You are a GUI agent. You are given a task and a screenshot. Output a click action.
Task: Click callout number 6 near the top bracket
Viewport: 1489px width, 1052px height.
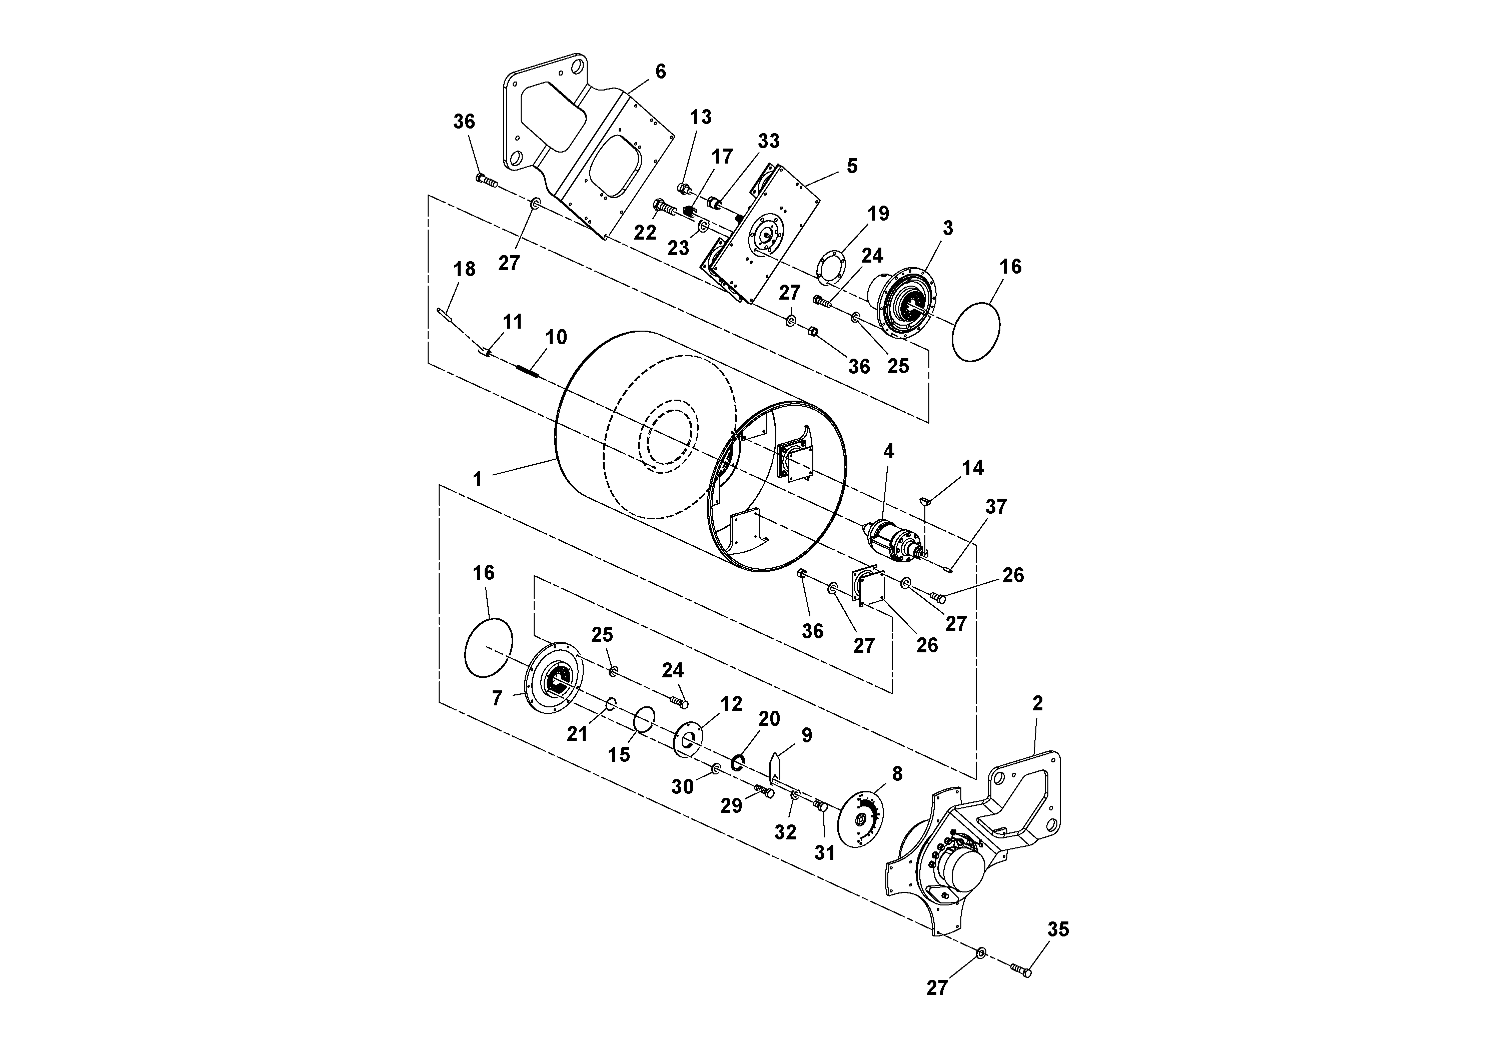(x=660, y=72)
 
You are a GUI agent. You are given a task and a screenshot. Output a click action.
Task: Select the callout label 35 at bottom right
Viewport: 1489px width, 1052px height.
(x=1058, y=929)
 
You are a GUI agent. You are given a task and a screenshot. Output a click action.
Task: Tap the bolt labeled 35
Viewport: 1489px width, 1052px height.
(x=1021, y=970)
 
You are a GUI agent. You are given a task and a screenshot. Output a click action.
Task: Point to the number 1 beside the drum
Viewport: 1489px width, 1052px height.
(x=477, y=480)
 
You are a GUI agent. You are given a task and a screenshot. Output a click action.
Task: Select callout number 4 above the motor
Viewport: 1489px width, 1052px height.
(x=888, y=451)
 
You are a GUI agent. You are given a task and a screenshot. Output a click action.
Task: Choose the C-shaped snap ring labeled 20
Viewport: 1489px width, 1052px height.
(x=737, y=762)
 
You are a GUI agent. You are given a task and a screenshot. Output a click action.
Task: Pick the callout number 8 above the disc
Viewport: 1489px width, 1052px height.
(x=897, y=774)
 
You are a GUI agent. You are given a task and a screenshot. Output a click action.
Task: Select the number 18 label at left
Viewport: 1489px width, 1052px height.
(x=464, y=269)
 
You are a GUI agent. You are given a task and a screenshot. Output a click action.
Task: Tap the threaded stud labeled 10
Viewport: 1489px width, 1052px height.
(x=528, y=371)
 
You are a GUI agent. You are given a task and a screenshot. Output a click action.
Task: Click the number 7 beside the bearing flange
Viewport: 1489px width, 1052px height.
(x=497, y=698)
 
